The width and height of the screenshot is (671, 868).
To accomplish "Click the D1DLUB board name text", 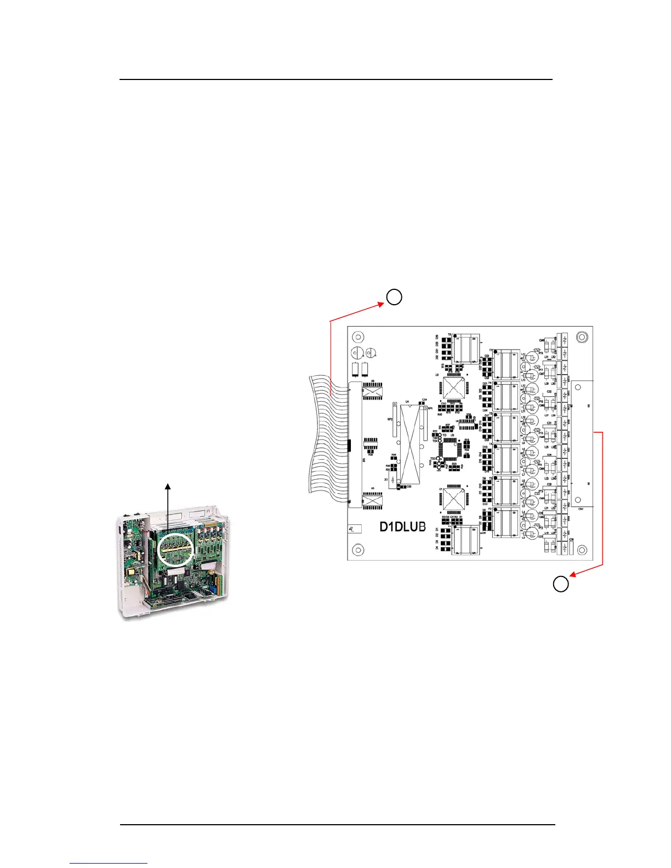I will coord(403,527).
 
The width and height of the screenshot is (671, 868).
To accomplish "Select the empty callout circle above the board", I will coord(394,297).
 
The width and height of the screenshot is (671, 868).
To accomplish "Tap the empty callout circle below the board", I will coord(560,584).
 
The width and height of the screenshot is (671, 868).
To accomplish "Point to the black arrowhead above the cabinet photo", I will coord(168,486).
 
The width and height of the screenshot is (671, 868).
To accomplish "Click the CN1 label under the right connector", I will coord(580,509).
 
